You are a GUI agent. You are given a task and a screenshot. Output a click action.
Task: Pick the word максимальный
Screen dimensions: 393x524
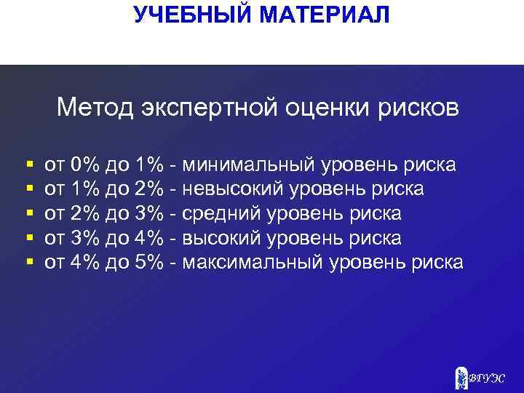(x=253, y=262)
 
